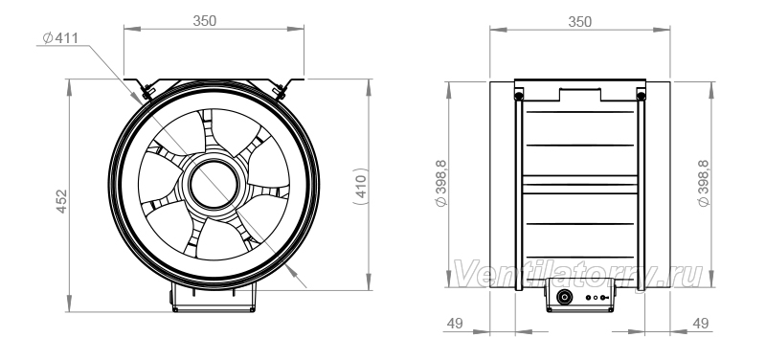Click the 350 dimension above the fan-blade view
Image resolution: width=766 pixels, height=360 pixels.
click(x=204, y=20)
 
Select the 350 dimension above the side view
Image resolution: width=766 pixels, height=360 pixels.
click(x=580, y=21)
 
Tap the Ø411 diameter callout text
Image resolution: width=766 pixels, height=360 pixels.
click(x=60, y=37)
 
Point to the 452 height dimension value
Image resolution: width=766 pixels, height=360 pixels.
click(x=61, y=201)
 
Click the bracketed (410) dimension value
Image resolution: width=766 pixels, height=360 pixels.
click(x=361, y=186)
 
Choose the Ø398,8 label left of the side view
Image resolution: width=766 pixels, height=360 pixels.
click(x=441, y=183)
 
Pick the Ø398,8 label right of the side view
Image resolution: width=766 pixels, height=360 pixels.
click(x=704, y=183)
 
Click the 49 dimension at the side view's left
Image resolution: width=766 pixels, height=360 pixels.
click(x=454, y=323)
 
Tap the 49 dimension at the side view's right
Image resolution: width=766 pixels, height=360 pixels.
click(x=701, y=323)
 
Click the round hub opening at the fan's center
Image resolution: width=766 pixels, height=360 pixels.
click(x=214, y=185)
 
